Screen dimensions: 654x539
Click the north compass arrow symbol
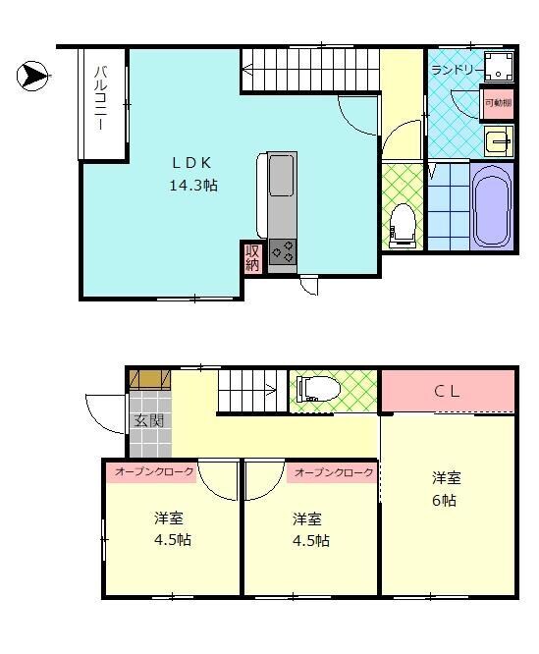[32, 75]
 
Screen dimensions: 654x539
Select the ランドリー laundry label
[455, 71]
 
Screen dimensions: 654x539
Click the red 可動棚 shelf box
[497, 103]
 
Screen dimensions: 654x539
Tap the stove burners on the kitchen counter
[283, 252]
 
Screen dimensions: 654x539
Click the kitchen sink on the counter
[280, 178]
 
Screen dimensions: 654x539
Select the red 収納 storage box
[252, 257]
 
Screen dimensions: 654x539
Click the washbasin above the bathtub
[498, 141]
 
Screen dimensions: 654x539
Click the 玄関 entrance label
[149, 421]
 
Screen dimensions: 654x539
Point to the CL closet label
[447, 391]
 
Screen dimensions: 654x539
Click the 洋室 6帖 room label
[447, 489]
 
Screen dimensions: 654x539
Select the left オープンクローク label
[153, 472]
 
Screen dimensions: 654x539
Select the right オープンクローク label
[334, 472]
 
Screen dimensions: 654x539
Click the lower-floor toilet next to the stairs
[318, 389]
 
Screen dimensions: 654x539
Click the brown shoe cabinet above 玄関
[147, 379]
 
